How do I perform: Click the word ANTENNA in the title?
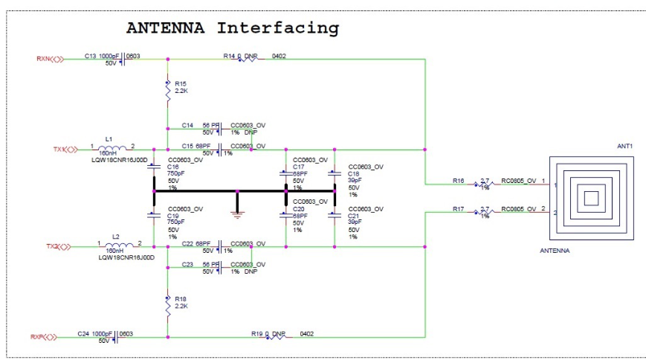pyautogui.click(x=167, y=28)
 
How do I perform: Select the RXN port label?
pyautogui.click(x=45, y=57)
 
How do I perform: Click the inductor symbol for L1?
pyautogui.click(x=112, y=149)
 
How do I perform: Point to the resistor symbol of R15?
pyautogui.click(x=168, y=91)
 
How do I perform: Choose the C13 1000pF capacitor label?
pyautogui.click(x=101, y=56)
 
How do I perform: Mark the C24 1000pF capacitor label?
pyautogui.click(x=95, y=335)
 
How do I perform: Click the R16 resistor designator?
pyautogui.click(x=459, y=181)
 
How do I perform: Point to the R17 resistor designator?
pyautogui.click(x=459, y=210)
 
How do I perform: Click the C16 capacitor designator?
pyautogui.click(x=175, y=167)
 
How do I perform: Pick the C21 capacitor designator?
pyautogui.click(x=355, y=216)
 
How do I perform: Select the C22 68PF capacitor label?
pyautogui.click(x=196, y=243)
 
